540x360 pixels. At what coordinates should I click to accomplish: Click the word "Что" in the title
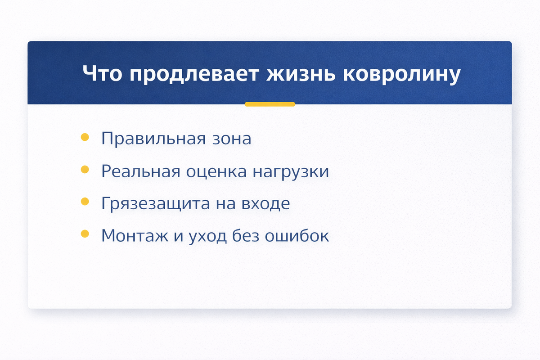pos(102,73)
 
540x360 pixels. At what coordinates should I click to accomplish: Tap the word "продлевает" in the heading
pos(194,75)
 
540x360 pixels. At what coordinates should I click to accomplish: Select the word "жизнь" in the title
pos(301,73)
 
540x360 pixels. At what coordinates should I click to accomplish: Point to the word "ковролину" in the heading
pos(402,75)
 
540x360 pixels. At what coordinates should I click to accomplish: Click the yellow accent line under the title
pos(270,104)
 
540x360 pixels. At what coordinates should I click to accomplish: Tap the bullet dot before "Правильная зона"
pos(85,137)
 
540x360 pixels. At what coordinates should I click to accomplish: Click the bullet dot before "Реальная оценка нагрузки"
pos(85,169)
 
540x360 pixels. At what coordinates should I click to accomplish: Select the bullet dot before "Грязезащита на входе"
pos(85,201)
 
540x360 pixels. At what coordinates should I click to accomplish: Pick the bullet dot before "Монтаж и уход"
pos(85,234)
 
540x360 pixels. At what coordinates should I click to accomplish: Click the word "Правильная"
pos(153,139)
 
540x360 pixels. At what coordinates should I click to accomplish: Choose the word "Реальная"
pos(141,171)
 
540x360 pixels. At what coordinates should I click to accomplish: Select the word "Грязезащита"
pos(156,204)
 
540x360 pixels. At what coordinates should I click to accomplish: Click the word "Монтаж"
pos(135,236)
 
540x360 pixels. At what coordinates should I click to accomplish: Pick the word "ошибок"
pos(297,236)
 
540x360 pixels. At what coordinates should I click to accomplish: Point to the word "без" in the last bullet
pos(246,236)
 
